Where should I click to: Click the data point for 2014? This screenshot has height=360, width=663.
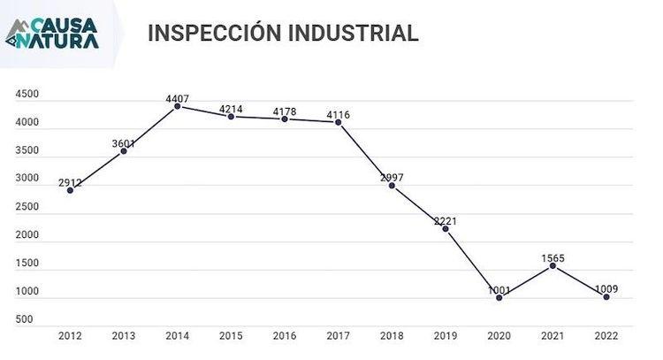point(178,106)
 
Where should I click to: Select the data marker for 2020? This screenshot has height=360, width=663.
point(499,298)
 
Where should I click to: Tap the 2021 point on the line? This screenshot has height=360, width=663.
point(552,265)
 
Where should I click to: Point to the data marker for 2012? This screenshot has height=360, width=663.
point(71,190)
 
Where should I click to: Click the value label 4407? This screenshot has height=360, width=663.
point(178,97)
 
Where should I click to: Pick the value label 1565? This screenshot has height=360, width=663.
point(552,257)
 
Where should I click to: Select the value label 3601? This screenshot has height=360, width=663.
point(124,143)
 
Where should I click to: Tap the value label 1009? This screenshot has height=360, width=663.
point(606,289)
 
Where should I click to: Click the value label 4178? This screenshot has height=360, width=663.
point(285,111)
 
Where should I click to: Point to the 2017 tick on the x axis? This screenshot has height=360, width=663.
point(339,336)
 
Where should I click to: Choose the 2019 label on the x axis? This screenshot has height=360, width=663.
point(446,336)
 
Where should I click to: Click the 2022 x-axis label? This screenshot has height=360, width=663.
point(606,336)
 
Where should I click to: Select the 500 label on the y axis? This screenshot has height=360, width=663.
point(24,319)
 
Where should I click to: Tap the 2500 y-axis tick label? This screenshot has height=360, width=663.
point(27,207)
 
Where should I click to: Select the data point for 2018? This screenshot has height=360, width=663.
point(392,186)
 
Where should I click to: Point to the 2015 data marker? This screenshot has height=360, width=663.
point(232,116)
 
